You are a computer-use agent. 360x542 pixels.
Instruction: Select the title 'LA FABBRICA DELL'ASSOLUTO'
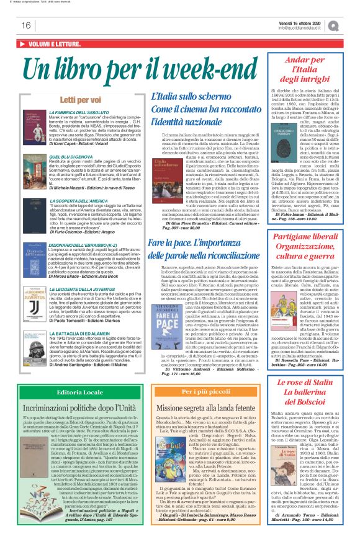[78, 112]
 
